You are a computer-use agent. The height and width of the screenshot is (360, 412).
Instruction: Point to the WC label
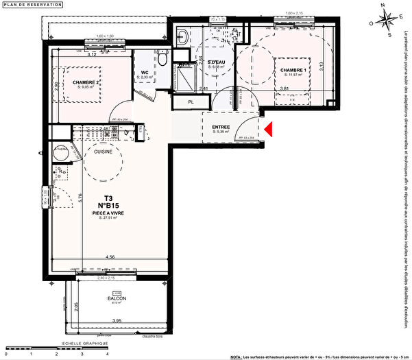[145, 73]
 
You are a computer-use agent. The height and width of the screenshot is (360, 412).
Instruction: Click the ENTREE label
[221, 127]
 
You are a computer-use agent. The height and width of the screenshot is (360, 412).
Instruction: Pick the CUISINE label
[104, 151]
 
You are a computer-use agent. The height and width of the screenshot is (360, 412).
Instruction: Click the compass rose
[386, 20]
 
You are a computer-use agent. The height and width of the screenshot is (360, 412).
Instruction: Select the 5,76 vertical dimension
[80, 200]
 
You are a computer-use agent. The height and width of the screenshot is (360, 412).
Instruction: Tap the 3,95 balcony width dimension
[117, 321]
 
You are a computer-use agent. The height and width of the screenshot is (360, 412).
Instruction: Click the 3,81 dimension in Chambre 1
[284, 88]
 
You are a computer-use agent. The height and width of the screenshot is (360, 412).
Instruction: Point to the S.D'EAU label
[217, 63]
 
